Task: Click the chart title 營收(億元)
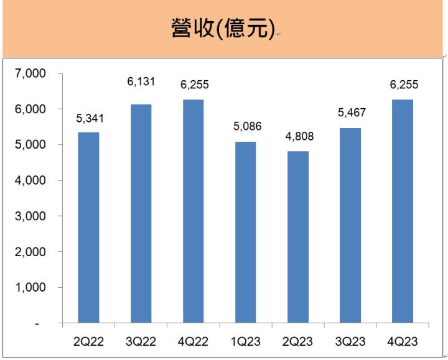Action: pyautogui.click(x=223, y=29)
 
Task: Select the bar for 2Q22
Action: pyautogui.click(x=88, y=228)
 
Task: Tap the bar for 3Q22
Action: pyautogui.click(x=141, y=214)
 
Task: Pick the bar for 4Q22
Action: pyautogui.click(x=193, y=211)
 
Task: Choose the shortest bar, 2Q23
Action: pyautogui.click(x=297, y=238)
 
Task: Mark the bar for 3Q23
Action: pyautogui.click(x=350, y=226)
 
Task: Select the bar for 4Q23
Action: pyautogui.click(x=402, y=211)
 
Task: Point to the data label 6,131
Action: pyautogui.click(x=141, y=81)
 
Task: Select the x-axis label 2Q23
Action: pyautogui.click(x=297, y=341)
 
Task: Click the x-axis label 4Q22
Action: pyautogui.click(x=193, y=341)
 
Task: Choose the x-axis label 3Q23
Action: pyautogui.click(x=350, y=341)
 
